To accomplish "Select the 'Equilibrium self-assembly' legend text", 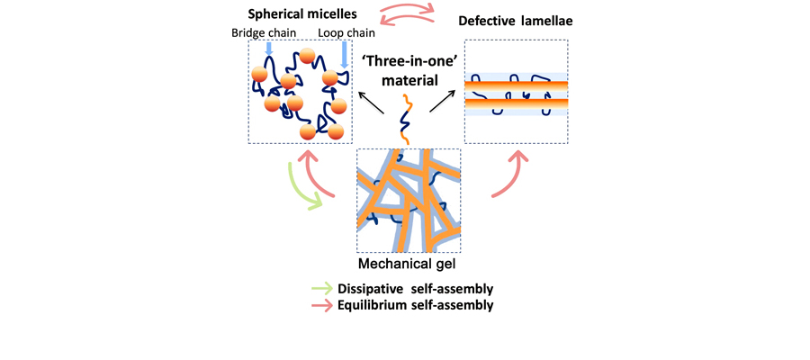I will tap(415, 304).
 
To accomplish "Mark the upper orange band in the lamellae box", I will tap(516, 84).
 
